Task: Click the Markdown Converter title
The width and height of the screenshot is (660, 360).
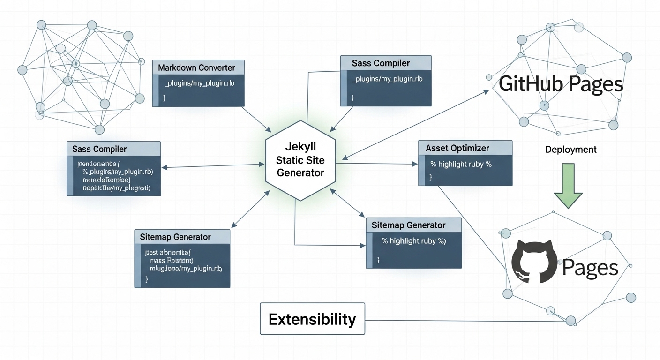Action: [196, 67]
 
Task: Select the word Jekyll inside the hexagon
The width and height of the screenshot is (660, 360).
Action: [300, 147]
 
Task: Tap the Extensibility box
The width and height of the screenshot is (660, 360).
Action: [312, 319]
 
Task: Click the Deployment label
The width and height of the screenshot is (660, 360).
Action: [571, 150]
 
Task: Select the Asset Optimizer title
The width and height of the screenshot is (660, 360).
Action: [457, 148]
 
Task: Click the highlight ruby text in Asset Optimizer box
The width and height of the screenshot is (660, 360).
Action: [461, 164]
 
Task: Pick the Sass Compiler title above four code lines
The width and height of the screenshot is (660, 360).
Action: [99, 149]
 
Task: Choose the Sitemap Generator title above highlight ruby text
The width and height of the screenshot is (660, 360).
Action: [408, 225]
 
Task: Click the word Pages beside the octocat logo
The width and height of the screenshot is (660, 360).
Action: [590, 268]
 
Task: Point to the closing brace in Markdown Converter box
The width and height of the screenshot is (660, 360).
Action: [165, 97]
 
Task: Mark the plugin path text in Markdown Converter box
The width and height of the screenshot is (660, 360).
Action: [199, 83]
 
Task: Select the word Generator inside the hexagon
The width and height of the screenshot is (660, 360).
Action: [300, 172]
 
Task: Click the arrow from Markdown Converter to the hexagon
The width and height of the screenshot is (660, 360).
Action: [255, 119]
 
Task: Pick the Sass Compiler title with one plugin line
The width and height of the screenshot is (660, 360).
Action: [381, 63]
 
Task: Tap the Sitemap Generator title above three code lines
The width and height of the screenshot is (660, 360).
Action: [175, 237]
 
